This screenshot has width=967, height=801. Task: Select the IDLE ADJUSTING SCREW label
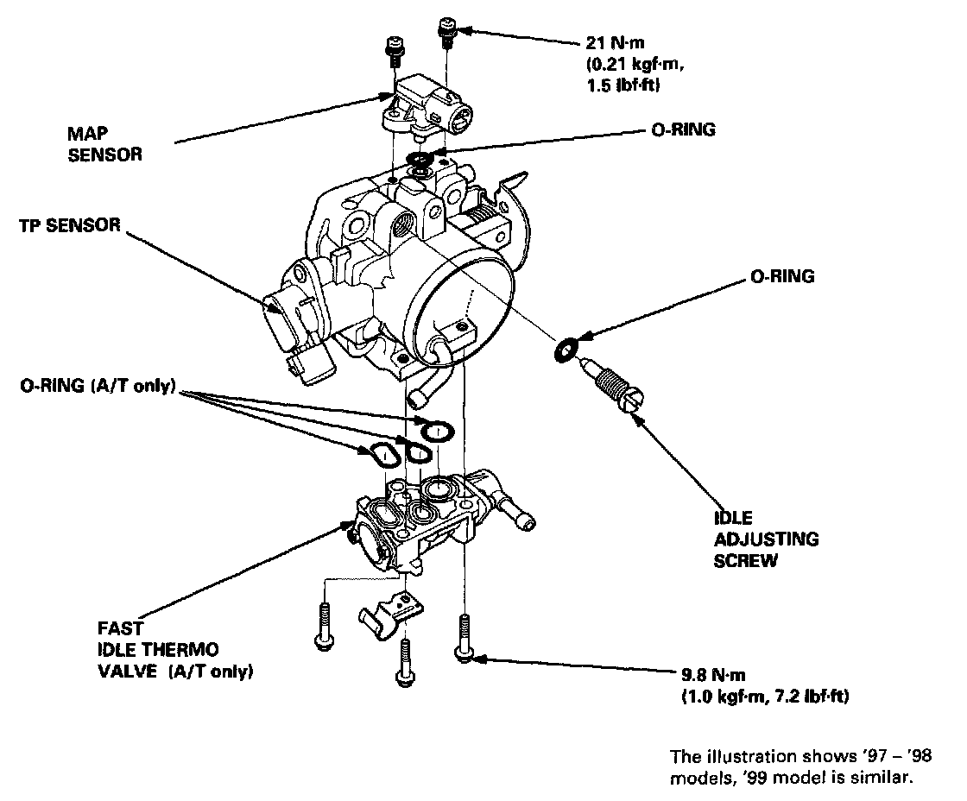pos(765,539)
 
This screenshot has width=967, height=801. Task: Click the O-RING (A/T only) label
pos(98,388)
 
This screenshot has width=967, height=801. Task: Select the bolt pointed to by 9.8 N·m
pos(465,637)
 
